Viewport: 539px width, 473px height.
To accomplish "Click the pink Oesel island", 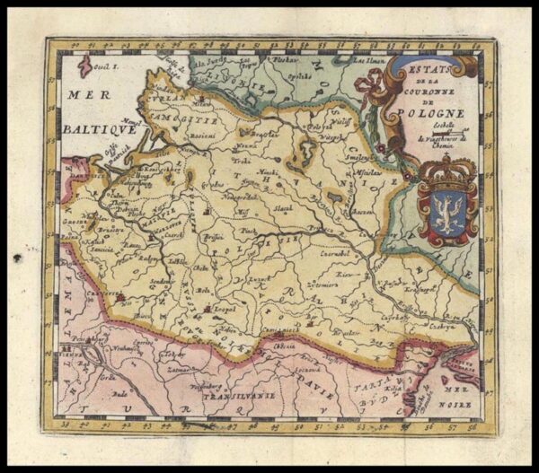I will coord(85,66).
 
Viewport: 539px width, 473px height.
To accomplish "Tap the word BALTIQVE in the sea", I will coord(99,128).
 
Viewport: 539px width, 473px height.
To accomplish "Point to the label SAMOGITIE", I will coord(190,118).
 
